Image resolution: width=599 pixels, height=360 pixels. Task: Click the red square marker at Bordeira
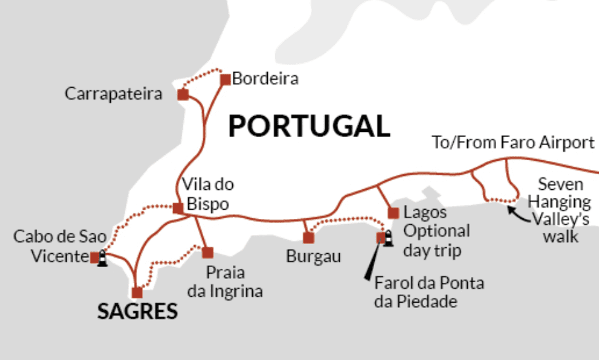[x=225, y=80]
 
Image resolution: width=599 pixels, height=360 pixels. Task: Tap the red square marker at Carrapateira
[x=183, y=95]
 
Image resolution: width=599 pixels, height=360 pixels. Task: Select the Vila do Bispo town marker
[x=177, y=208]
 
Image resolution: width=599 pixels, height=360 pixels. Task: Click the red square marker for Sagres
[x=137, y=292]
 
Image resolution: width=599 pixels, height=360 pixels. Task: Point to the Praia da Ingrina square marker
[x=208, y=253]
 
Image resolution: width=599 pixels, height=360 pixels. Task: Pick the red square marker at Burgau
[x=308, y=238]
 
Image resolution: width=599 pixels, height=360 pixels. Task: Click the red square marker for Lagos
[x=393, y=213]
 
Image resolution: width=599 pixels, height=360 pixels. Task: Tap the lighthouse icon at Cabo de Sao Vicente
[x=102, y=260]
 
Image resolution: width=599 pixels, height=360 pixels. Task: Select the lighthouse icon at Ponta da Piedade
[x=381, y=237]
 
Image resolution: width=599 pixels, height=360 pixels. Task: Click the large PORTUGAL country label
[x=309, y=126]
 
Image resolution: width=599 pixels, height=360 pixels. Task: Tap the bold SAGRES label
[x=137, y=312]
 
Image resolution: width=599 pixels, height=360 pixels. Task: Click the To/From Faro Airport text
[x=513, y=142]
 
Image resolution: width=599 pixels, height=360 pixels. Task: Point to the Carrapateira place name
[x=113, y=94]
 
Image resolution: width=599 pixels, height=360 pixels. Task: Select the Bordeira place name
[x=265, y=79]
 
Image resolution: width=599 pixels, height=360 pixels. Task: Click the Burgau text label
[x=313, y=256]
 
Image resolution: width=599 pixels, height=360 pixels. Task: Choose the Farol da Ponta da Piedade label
[x=429, y=293]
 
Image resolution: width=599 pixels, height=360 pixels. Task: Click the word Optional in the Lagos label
[x=437, y=231]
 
